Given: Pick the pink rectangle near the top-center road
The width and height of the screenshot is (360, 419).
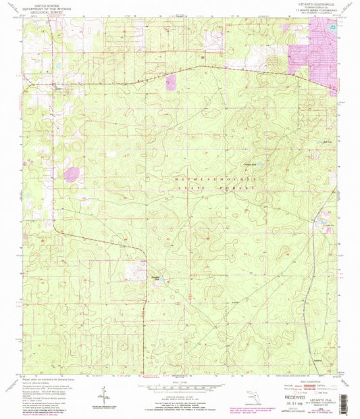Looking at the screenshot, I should point(170,82).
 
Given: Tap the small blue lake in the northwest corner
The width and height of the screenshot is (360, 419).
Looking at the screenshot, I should point(59,66).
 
